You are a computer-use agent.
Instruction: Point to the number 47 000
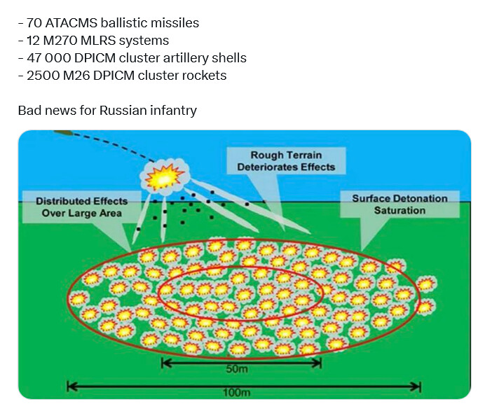tap(49, 58)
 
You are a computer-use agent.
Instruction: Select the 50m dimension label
tap(237, 369)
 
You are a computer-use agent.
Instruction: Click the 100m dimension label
tap(237, 393)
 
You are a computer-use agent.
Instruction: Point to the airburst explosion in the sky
tap(164, 176)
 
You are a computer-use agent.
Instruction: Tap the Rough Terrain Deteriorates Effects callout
tap(286, 161)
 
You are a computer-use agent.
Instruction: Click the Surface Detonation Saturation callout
tap(399, 204)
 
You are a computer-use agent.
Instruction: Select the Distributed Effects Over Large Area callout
tap(82, 207)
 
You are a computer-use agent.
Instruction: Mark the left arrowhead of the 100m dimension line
tap(71, 386)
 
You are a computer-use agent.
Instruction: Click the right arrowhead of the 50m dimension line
tap(317, 363)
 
